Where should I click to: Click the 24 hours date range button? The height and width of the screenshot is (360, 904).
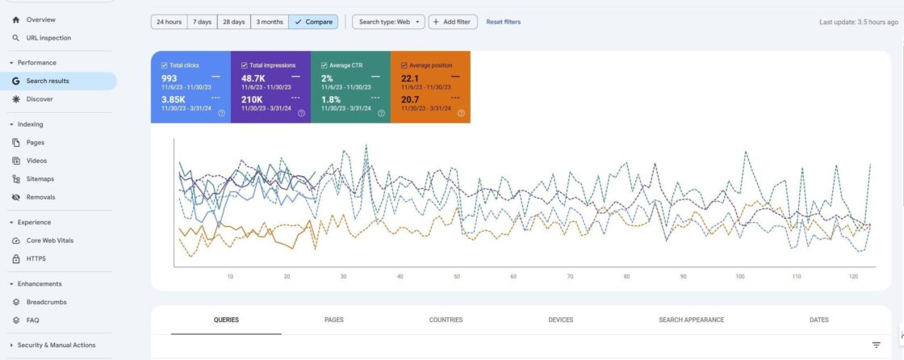click(x=169, y=22)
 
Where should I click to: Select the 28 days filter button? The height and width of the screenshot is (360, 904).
click(x=234, y=22)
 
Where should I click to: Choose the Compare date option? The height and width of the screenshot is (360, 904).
click(x=313, y=22)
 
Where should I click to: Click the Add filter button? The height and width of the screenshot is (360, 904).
click(x=454, y=22)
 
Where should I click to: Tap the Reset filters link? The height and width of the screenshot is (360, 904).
click(x=503, y=22)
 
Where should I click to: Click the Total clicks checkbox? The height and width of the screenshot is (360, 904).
click(x=164, y=65)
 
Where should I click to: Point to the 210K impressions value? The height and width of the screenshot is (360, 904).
click(x=252, y=99)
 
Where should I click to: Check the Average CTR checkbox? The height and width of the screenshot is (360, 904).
click(x=324, y=65)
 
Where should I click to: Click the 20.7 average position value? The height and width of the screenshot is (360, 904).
click(x=409, y=99)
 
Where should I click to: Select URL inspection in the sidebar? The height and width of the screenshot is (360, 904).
click(x=48, y=38)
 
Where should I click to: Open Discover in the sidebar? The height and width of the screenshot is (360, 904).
click(x=40, y=99)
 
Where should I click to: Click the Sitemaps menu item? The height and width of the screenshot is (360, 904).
click(x=40, y=179)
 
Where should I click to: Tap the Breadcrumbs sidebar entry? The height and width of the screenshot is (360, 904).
click(x=46, y=302)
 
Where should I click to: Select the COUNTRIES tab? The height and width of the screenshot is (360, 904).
click(x=446, y=320)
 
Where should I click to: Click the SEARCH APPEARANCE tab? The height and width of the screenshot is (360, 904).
click(x=691, y=320)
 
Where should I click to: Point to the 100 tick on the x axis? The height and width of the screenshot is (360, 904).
click(x=739, y=277)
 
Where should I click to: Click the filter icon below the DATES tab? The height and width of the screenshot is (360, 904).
click(x=877, y=345)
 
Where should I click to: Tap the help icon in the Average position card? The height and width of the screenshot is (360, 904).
click(x=461, y=113)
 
